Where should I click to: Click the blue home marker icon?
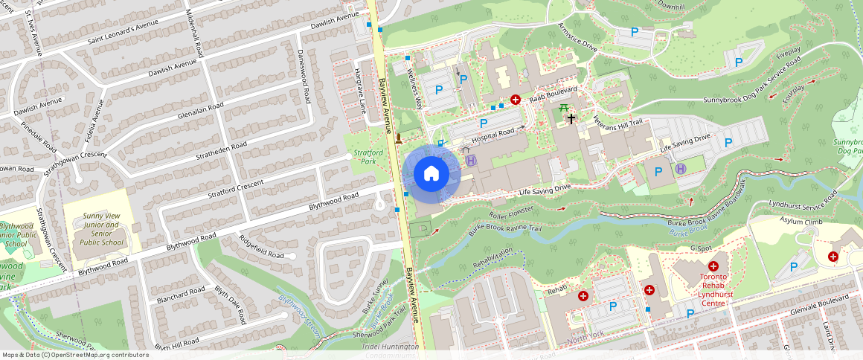(431, 174)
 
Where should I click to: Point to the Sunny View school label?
(102, 227)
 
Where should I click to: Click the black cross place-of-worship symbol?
(571, 118)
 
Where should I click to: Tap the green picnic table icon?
(565, 109)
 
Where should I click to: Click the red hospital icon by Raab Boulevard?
(515, 99)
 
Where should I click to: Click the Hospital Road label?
(493, 133)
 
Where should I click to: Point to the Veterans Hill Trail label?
(617, 122)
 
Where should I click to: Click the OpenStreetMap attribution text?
(76, 355)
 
